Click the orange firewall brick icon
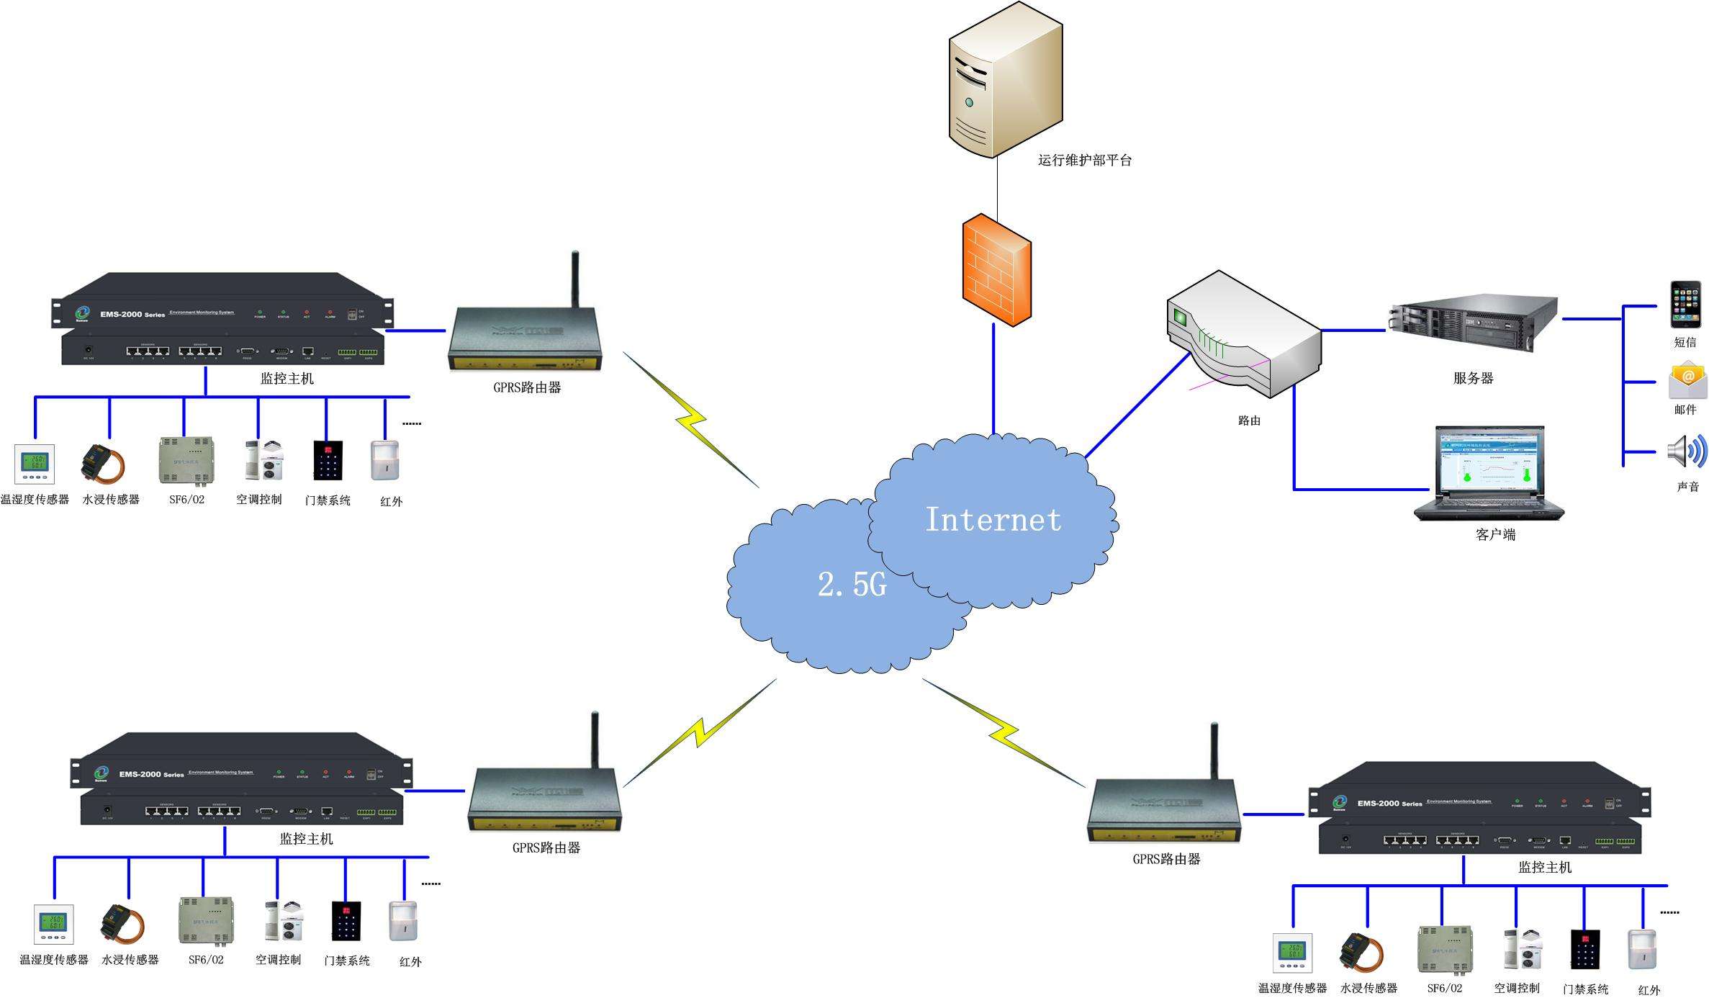[997, 270]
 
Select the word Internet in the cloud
[993, 520]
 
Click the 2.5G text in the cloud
[852, 584]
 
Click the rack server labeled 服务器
[1473, 325]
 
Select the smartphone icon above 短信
[1685, 305]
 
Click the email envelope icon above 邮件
[1687, 380]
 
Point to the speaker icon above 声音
[1687, 451]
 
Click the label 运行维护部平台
[1084, 161]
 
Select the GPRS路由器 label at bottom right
[1166, 859]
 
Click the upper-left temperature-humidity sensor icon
[35, 464]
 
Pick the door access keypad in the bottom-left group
[346, 920]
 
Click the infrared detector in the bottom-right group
[1642, 950]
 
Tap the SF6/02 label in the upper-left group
[186, 500]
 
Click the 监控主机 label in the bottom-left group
[306, 839]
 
